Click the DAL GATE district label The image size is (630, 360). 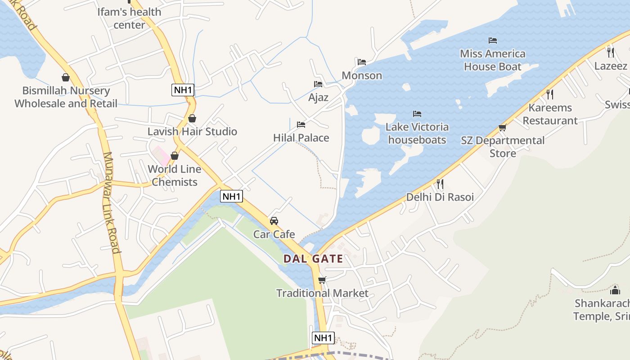click(x=313, y=259)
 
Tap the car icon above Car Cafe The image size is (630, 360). click(x=274, y=221)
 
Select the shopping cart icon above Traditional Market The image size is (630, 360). click(x=322, y=280)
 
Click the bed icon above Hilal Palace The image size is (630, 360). click(x=301, y=125)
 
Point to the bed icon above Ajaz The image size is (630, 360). click(x=318, y=84)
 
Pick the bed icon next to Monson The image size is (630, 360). click(x=362, y=62)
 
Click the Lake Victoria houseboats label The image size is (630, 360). click(x=417, y=133)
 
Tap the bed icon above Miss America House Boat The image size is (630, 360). click(x=493, y=40)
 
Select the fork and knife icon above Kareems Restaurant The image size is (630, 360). click(x=550, y=94)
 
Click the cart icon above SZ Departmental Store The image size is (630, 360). click(x=503, y=128)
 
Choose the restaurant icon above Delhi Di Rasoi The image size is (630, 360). click(x=440, y=184)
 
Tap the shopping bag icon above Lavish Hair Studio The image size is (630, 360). click(x=192, y=118)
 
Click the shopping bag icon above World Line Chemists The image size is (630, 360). click(x=174, y=156)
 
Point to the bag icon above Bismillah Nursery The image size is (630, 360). click(x=66, y=77)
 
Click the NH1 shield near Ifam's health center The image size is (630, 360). click(x=183, y=90)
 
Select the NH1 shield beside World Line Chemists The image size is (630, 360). click(x=232, y=196)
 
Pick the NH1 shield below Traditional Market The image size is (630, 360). click(x=323, y=338)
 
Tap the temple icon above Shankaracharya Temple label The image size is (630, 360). click(x=615, y=290)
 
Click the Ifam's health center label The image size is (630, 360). click(x=129, y=18)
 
